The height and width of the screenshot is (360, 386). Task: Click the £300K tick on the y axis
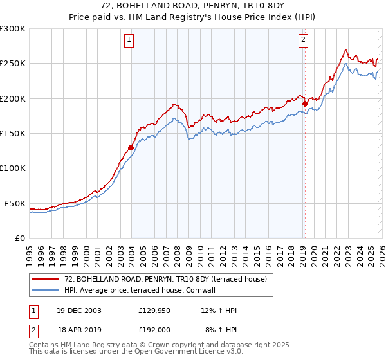click(x=13, y=29)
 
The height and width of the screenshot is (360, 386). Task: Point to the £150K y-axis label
click(x=13, y=133)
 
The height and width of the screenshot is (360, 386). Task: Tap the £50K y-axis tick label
click(x=15, y=203)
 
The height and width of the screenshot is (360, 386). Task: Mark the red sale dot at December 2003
click(x=131, y=147)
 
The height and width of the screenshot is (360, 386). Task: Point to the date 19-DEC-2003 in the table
click(x=78, y=311)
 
